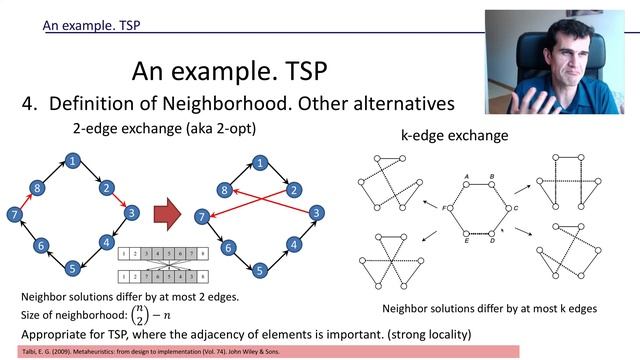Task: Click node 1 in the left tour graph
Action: (72, 160)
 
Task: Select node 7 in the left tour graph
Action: (13, 215)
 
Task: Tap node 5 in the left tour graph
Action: (72, 268)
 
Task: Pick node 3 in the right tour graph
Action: (316, 213)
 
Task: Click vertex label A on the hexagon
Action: (467, 177)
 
